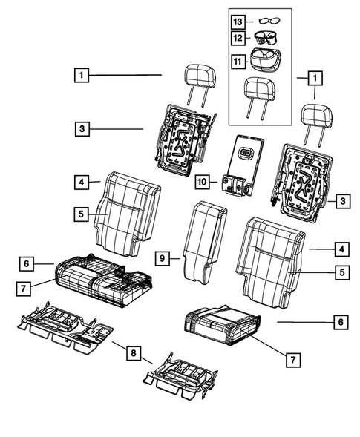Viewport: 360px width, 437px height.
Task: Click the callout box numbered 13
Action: coord(238,21)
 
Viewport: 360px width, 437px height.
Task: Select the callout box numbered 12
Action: coord(238,37)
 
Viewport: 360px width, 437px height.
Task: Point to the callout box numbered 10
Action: coord(203,180)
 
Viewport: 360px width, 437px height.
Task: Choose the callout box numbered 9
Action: coord(162,258)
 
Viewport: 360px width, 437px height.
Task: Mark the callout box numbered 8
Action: coord(131,354)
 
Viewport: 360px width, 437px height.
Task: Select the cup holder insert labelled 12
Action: coord(266,36)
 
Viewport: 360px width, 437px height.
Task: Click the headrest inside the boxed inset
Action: coord(258,93)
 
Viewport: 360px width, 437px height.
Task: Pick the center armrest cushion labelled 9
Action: coord(202,241)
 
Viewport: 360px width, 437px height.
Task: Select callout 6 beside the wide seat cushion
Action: coord(25,263)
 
